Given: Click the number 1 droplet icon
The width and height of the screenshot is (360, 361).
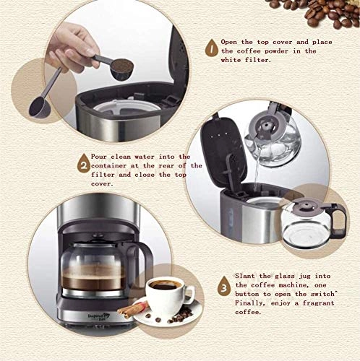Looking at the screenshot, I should pos(210,49).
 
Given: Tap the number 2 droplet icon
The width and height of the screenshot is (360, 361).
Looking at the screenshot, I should pos(85,165).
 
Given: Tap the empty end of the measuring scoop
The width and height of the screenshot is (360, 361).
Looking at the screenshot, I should pos(38,108).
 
